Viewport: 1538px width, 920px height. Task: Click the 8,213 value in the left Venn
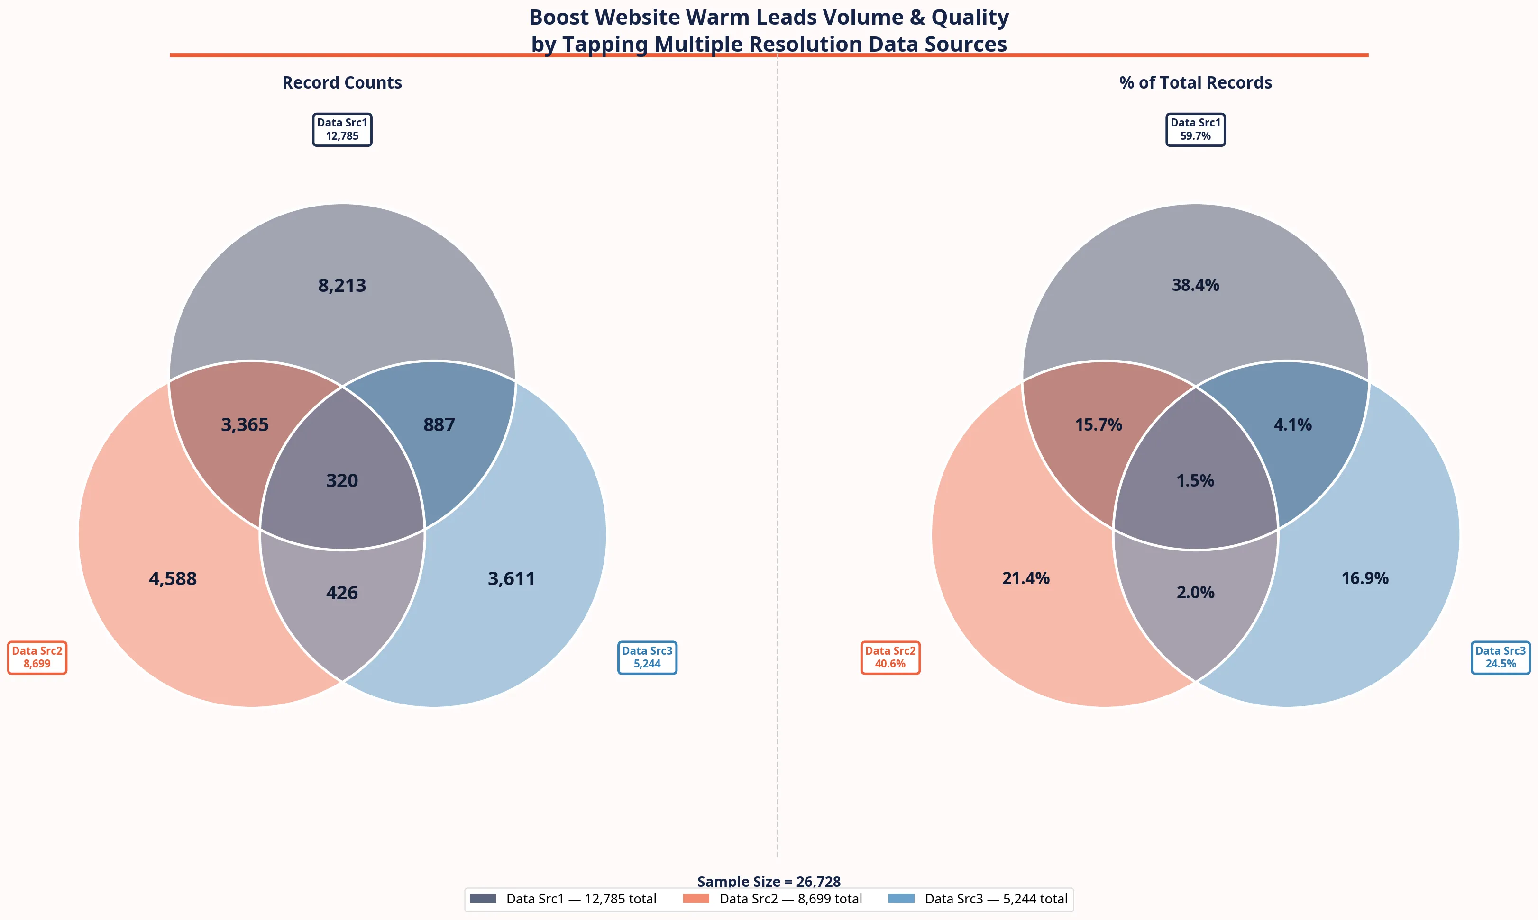[342, 285]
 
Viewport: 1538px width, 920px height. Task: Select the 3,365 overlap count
[245, 424]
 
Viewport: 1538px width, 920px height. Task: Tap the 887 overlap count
[439, 424]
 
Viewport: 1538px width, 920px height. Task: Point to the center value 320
[342, 480]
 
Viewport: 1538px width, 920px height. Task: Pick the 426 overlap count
[342, 593]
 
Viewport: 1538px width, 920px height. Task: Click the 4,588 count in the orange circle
[173, 578]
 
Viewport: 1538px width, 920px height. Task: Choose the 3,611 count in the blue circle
[511, 578]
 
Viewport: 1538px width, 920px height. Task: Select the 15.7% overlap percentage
[1098, 424]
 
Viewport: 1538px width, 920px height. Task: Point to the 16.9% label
[1365, 578]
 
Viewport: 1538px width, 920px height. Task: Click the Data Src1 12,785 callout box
[342, 130]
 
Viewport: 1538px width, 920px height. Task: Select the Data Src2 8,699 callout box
[37, 657]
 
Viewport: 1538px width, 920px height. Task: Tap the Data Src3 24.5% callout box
[1500, 657]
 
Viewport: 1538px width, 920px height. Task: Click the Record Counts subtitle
[342, 82]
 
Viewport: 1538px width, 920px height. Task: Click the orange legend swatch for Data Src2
[696, 898]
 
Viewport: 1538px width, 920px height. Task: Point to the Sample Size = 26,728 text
[769, 881]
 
